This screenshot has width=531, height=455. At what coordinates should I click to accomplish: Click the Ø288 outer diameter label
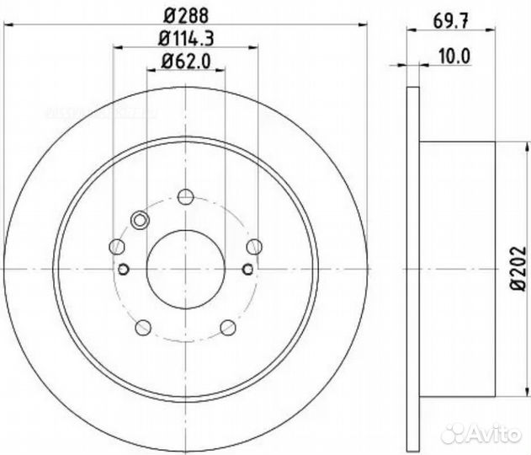pos(185,14)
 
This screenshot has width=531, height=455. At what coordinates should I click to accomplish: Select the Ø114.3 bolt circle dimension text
pos(185,38)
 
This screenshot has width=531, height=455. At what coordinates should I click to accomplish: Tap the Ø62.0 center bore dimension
pos(185,61)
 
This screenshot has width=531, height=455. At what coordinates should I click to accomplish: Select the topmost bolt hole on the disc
pos(186,197)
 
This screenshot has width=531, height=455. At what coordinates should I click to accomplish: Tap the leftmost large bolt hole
pos(118,246)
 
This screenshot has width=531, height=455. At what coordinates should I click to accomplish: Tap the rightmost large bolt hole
pos(253,246)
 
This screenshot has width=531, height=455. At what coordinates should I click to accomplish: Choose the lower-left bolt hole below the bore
pos(143,327)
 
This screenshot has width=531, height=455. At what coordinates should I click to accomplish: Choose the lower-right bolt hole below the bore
pos(227,327)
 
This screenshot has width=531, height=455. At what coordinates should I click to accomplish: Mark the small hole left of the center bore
pos(123,270)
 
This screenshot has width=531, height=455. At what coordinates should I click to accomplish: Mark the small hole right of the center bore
pos(247,270)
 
